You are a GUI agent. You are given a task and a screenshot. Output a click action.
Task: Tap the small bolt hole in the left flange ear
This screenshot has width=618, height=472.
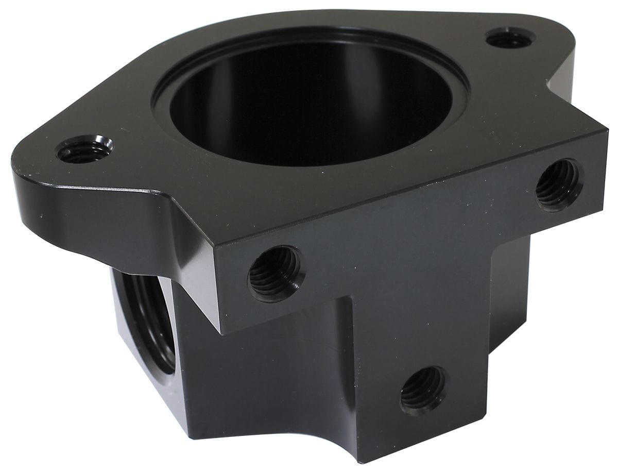[x=84, y=150]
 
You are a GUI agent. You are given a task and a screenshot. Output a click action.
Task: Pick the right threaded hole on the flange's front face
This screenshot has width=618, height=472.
[x=559, y=184]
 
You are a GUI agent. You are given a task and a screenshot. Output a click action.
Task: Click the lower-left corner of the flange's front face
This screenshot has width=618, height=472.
[x=222, y=332]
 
